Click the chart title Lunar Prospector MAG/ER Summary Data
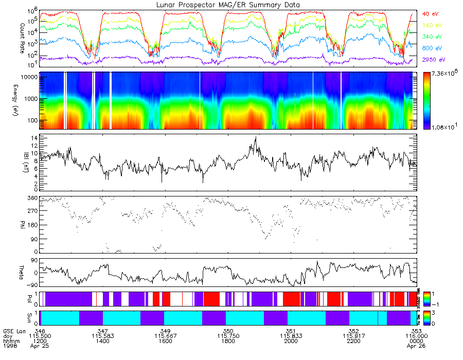[229, 5]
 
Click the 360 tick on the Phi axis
[32, 198]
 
